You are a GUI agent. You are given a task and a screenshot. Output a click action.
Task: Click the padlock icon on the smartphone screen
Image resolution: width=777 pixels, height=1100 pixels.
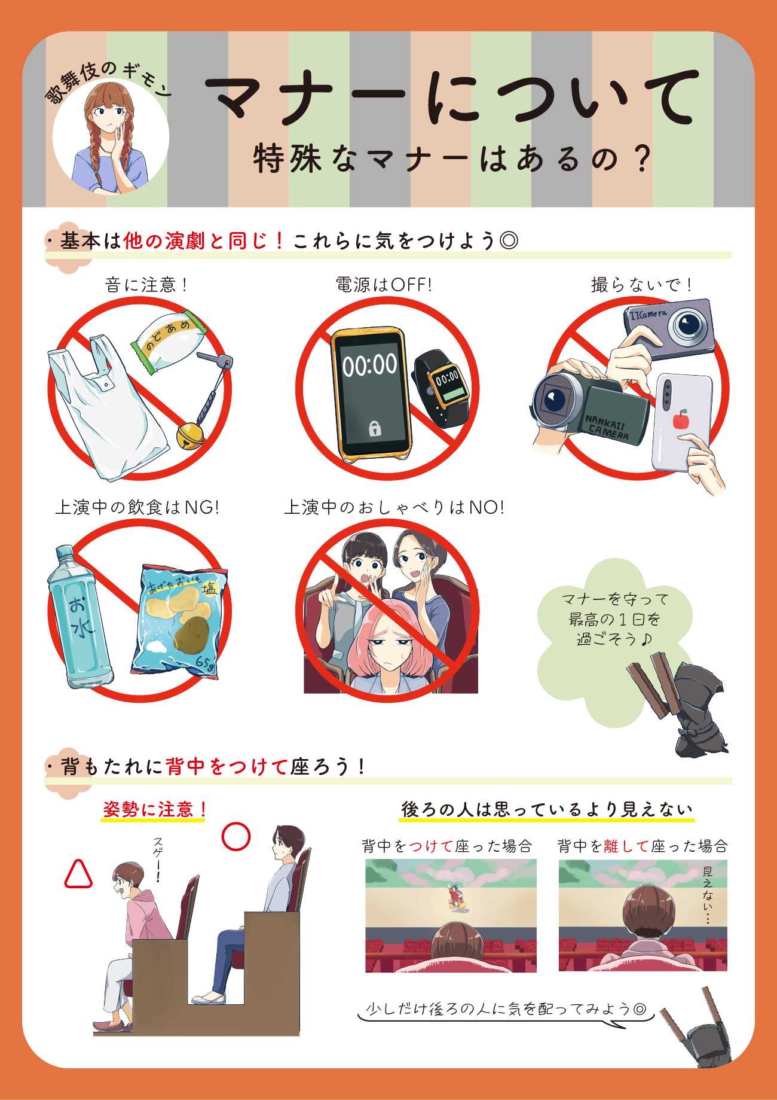coord(375,428)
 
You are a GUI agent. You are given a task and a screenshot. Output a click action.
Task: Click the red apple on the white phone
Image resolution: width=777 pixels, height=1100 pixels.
coord(680,419)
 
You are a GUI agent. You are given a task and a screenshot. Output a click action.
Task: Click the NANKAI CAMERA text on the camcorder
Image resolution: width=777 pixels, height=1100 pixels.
coord(607,426)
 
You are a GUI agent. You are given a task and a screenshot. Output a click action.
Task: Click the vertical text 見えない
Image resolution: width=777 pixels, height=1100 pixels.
coord(708,895)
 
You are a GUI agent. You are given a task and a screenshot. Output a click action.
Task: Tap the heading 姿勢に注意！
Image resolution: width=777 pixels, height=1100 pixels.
coord(155,810)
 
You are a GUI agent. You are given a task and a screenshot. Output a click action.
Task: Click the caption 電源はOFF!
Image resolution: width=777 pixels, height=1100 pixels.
coord(384,285)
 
